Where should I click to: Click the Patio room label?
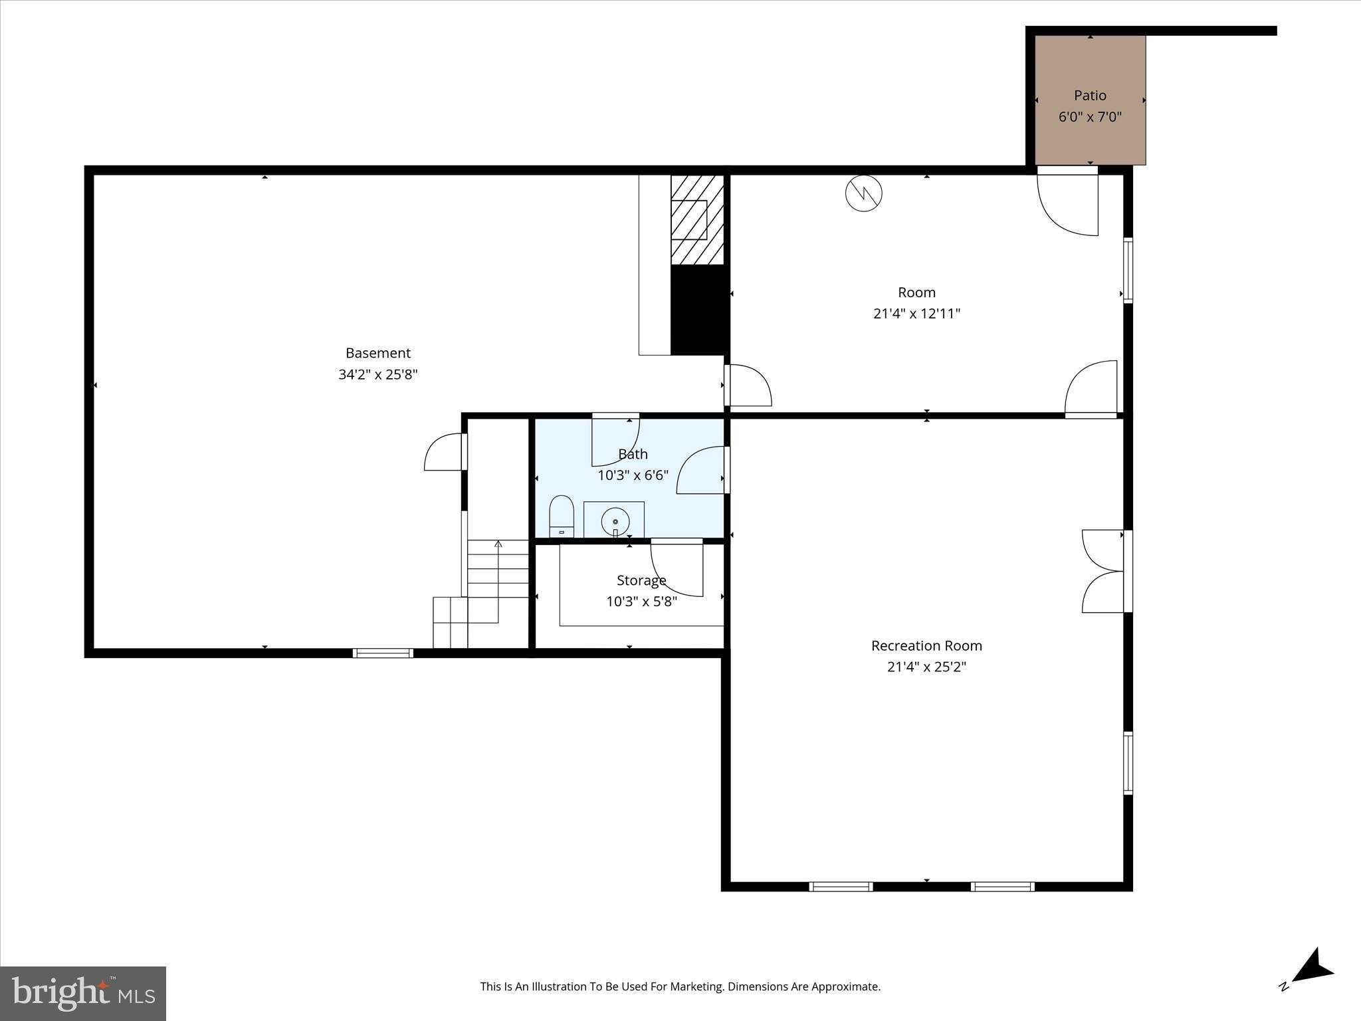pyautogui.click(x=1090, y=96)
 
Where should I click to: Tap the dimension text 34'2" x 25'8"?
pyautogui.click(x=377, y=374)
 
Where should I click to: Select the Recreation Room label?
pyautogui.click(x=926, y=645)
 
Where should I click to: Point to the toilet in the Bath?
pyautogui.click(x=562, y=515)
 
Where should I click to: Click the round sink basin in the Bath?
pyautogui.click(x=615, y=522)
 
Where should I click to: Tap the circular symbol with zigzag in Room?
pyautogui.click(x=863, y=193)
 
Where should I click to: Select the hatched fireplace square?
pyautogui.click(x=696, y=220)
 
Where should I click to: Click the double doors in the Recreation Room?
pyautogui.click(x=1103, y=571)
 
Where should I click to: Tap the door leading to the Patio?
pyautogui.click(x=1068, y=202)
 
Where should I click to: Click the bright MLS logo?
pyautogui.click(x=83, y=994)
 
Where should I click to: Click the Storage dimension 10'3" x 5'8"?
pyautogui.click(x=641, y=602)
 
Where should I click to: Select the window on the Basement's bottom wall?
pyautogui.click(x=383, y=653)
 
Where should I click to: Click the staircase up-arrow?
pyautogui.click(x=498, y=544)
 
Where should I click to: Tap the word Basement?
pyautogui.click(x=377, y=353)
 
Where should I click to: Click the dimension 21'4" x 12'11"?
pyautogui.click(x=916, y=314)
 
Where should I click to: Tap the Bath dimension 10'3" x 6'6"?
pyautogui.click(x=633, y=475)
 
